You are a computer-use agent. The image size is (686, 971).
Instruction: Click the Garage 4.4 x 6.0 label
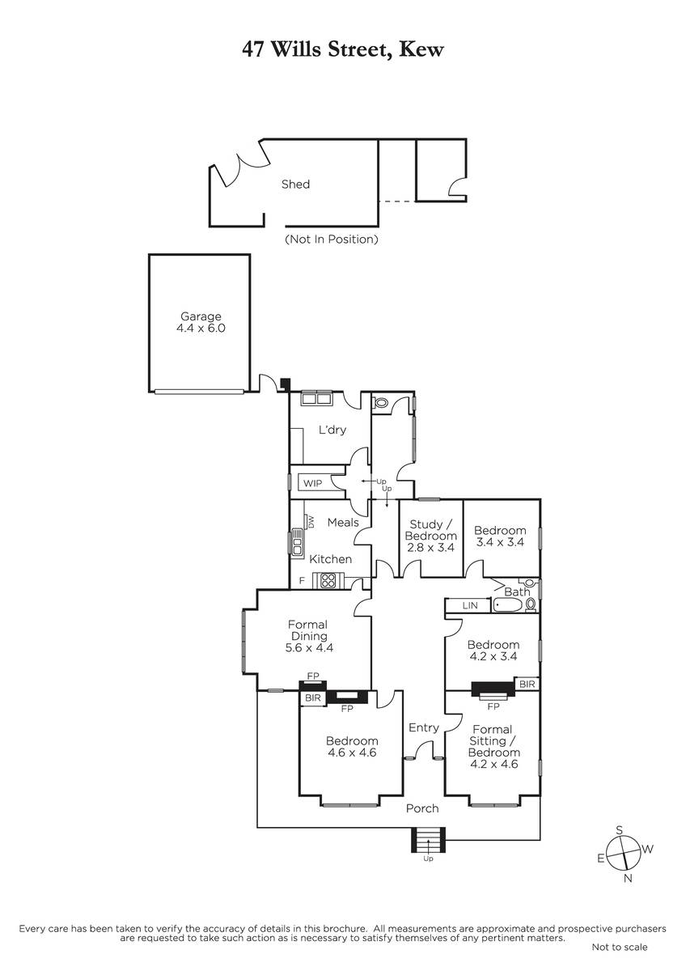pos(201,322)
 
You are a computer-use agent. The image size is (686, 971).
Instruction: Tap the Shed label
pos(295,184)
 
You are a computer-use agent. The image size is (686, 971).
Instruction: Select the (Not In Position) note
pos(332,240)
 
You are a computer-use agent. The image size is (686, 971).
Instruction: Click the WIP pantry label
pos(312,483)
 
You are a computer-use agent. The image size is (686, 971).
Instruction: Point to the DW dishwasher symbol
pos(310,521)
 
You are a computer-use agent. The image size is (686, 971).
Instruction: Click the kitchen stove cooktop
pos(328,580)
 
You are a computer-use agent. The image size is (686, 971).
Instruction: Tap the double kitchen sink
pos(297,541)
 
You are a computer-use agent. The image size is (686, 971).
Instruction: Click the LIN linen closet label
pos(470,605)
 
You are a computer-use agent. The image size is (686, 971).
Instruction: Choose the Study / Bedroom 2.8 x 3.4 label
pos(430,536)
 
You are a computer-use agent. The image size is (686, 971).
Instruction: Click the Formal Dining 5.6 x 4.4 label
pos(308,636)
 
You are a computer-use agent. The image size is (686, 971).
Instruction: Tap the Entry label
pos(424,727)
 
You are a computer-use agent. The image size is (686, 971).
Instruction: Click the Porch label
pos(422,808)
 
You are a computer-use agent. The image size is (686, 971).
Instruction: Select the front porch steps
pos(428,840)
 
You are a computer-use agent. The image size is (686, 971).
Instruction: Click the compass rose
pos(624,854)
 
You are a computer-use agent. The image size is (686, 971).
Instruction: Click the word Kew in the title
pos(421,49)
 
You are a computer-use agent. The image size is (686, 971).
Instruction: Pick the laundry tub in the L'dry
pos(317,398)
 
